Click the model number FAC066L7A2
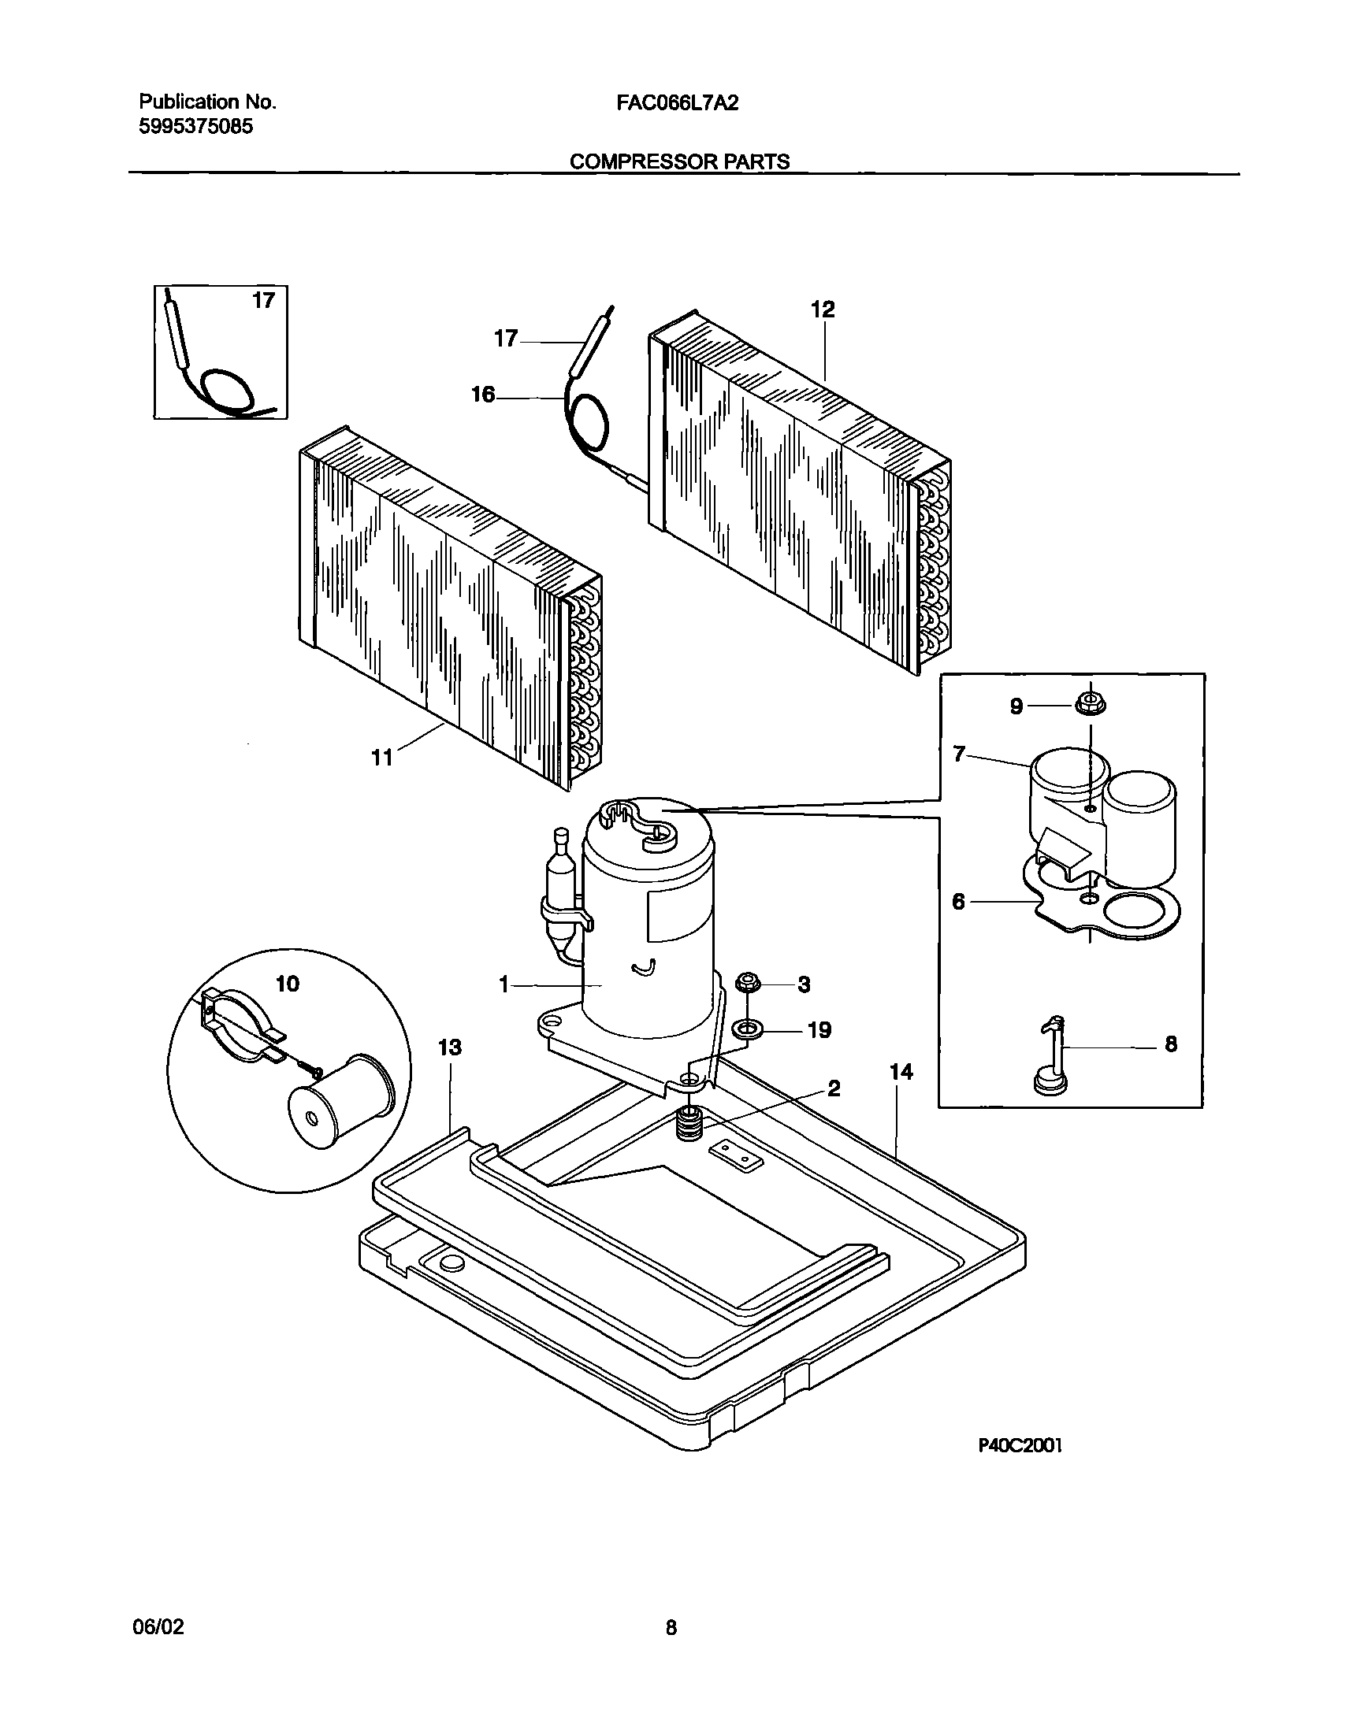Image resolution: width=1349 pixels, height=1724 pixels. [677, 102]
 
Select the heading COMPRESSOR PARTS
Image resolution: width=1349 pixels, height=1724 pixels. [679, 161]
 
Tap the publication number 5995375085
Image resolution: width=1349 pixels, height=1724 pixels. [196, 126]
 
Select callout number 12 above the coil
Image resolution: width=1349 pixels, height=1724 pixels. [823, 310]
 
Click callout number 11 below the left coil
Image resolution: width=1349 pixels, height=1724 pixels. [382, 758]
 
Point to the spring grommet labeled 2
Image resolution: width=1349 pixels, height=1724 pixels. [691, 1125]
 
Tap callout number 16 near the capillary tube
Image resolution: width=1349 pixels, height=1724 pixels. [482, 395]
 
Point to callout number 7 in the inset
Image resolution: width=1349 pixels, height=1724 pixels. [959, 754]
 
